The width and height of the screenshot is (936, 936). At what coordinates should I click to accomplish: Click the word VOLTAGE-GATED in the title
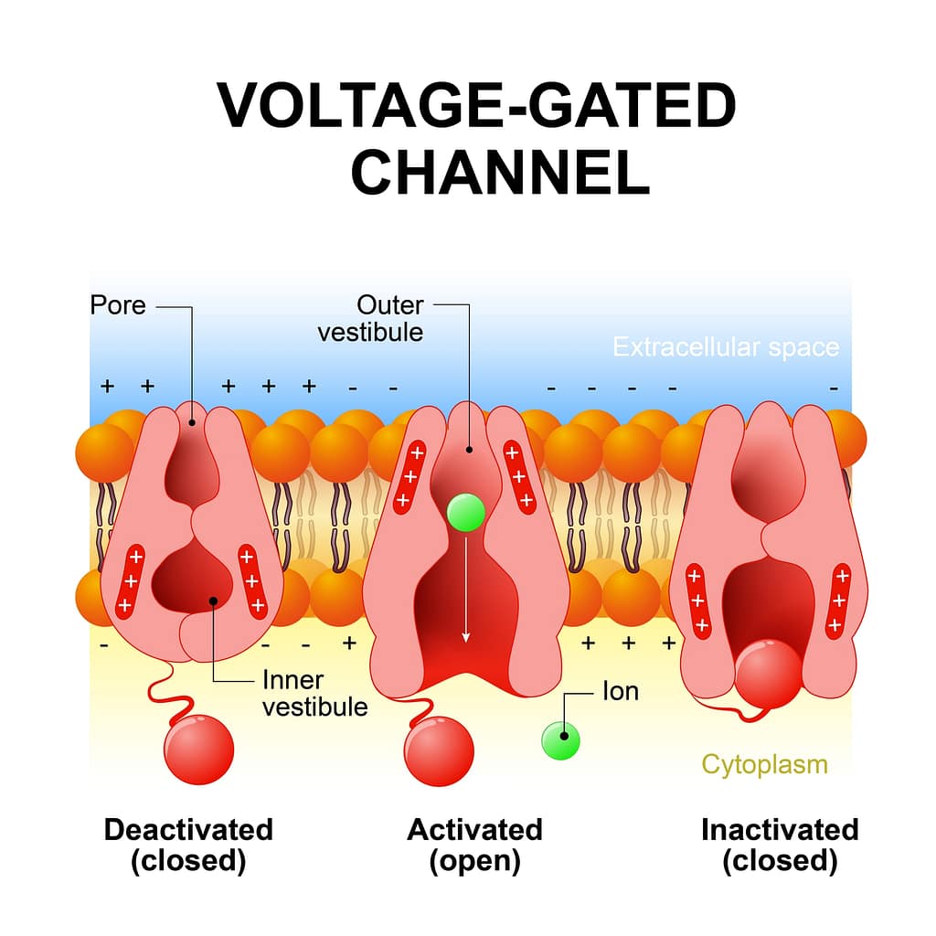476,107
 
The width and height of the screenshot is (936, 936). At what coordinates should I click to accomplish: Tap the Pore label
118,304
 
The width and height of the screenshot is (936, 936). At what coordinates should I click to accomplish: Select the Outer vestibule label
370,317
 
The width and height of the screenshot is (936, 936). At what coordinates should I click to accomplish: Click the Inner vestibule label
314,693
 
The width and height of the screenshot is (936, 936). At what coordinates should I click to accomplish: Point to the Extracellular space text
725,347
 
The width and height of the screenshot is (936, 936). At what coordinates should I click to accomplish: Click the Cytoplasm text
764,763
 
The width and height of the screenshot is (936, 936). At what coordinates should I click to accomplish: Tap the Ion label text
620,691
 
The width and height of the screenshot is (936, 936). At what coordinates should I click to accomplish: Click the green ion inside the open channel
465,513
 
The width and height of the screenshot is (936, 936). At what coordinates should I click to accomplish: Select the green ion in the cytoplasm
560,739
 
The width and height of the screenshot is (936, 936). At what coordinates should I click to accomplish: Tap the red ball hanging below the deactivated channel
198,750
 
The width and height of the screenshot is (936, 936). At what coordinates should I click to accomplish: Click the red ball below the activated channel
439,751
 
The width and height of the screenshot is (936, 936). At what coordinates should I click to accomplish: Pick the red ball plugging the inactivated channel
768,675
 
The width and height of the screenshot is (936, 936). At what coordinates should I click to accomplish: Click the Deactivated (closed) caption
188,845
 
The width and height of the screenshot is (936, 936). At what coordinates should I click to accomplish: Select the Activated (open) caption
474,845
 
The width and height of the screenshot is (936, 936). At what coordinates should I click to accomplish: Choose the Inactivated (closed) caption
780,845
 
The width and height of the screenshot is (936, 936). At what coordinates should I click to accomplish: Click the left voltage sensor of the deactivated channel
131,580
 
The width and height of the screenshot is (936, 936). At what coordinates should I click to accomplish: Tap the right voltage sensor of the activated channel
520,476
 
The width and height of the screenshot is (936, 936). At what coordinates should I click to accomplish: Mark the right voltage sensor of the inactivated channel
838,601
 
